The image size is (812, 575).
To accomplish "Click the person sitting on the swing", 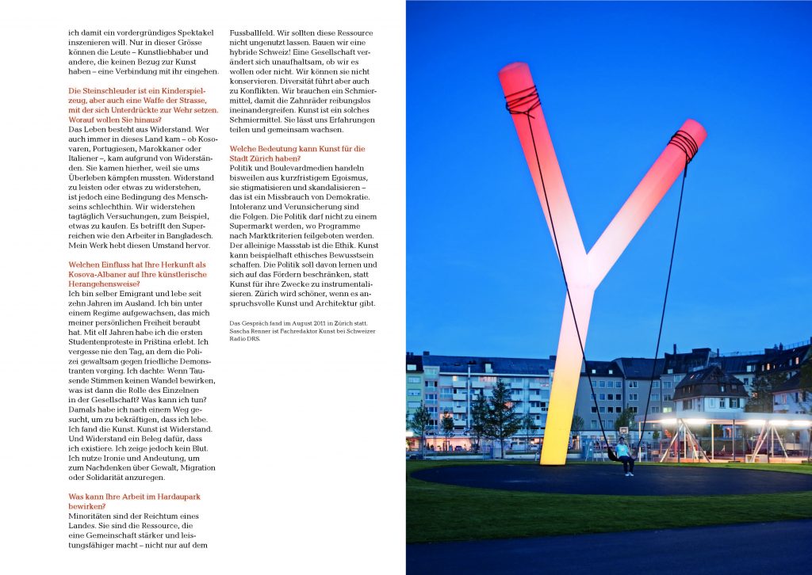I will pos(626,454).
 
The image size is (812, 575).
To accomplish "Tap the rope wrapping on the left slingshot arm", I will pos(523,101).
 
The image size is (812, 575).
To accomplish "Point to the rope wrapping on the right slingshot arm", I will pos(683,146).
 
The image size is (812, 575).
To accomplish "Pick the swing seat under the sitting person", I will pos(615,457).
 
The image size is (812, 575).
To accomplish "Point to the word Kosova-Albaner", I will pos(104,274).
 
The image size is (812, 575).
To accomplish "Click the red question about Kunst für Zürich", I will pos(297,153).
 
